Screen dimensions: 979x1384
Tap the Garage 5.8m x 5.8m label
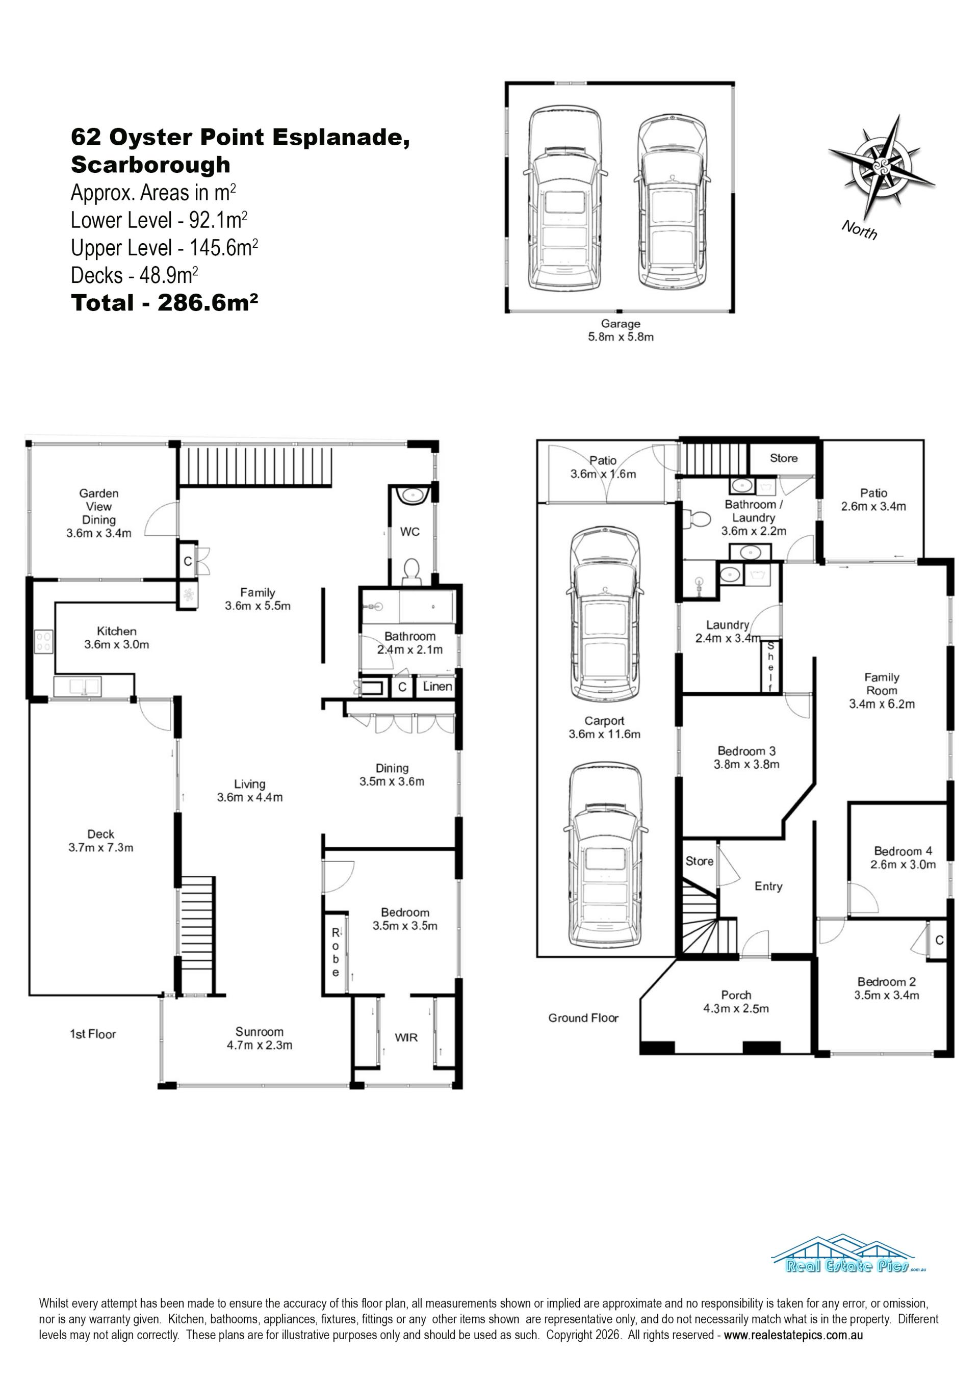(621, 330)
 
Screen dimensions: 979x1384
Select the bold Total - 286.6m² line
(165, 303)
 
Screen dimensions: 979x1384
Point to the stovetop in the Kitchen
(44, 641)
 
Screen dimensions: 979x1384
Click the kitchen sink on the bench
(77, 687)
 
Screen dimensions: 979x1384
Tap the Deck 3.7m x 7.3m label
(100, 841)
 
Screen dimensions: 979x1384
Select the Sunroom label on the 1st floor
(259, 1038)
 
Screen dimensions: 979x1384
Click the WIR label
(406, 1037)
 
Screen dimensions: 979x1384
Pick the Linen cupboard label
(437, 686)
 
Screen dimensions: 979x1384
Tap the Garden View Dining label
(99, 513)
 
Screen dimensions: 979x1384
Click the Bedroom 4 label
(903, 858)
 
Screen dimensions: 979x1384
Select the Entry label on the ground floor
(768, 886)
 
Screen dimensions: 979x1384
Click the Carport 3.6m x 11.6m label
(604, 727)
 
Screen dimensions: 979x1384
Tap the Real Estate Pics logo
(849, 1254)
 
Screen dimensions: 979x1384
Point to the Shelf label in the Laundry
(770, 667)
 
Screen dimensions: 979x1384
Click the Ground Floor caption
(583, 1018)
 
